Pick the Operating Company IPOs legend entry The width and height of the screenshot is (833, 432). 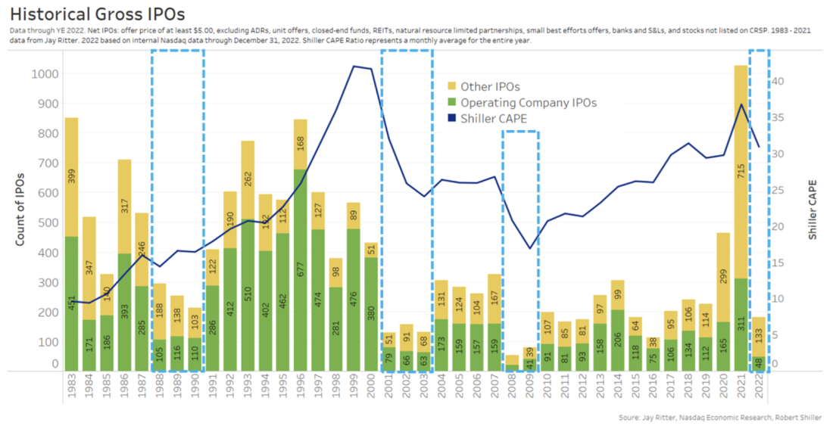[529, 103]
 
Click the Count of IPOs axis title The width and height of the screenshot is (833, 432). [22, 209]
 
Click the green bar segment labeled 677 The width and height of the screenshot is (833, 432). [301, 269]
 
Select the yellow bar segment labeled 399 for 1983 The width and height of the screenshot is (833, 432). [71, 177]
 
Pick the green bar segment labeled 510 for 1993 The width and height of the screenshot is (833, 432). [248, 295]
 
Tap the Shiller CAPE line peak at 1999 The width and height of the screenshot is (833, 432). [354, 66]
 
